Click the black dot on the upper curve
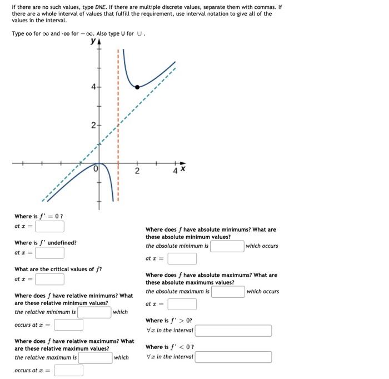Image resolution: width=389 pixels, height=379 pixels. point(137,87)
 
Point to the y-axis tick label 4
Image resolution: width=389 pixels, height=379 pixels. point(93,87)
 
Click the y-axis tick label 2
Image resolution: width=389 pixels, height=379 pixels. point(93,126)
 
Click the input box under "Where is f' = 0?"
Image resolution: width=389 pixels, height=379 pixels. point(50,226)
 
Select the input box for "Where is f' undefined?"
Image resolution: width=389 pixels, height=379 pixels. point(50,253)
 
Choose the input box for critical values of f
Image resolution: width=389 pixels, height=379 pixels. point(50,279)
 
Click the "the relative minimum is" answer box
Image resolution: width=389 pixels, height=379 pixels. point(94,312)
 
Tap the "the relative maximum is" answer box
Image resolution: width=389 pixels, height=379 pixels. point(94,357)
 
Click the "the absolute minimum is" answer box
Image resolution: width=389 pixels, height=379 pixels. point(227,246)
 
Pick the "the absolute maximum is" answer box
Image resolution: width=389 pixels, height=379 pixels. point(228,291)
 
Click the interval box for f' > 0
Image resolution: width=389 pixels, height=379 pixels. point(233,331)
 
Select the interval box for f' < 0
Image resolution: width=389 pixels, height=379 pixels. point(233,357)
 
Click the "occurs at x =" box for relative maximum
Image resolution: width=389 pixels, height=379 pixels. point(68,370)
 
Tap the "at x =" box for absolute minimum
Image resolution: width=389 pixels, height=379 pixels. point(182,258)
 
